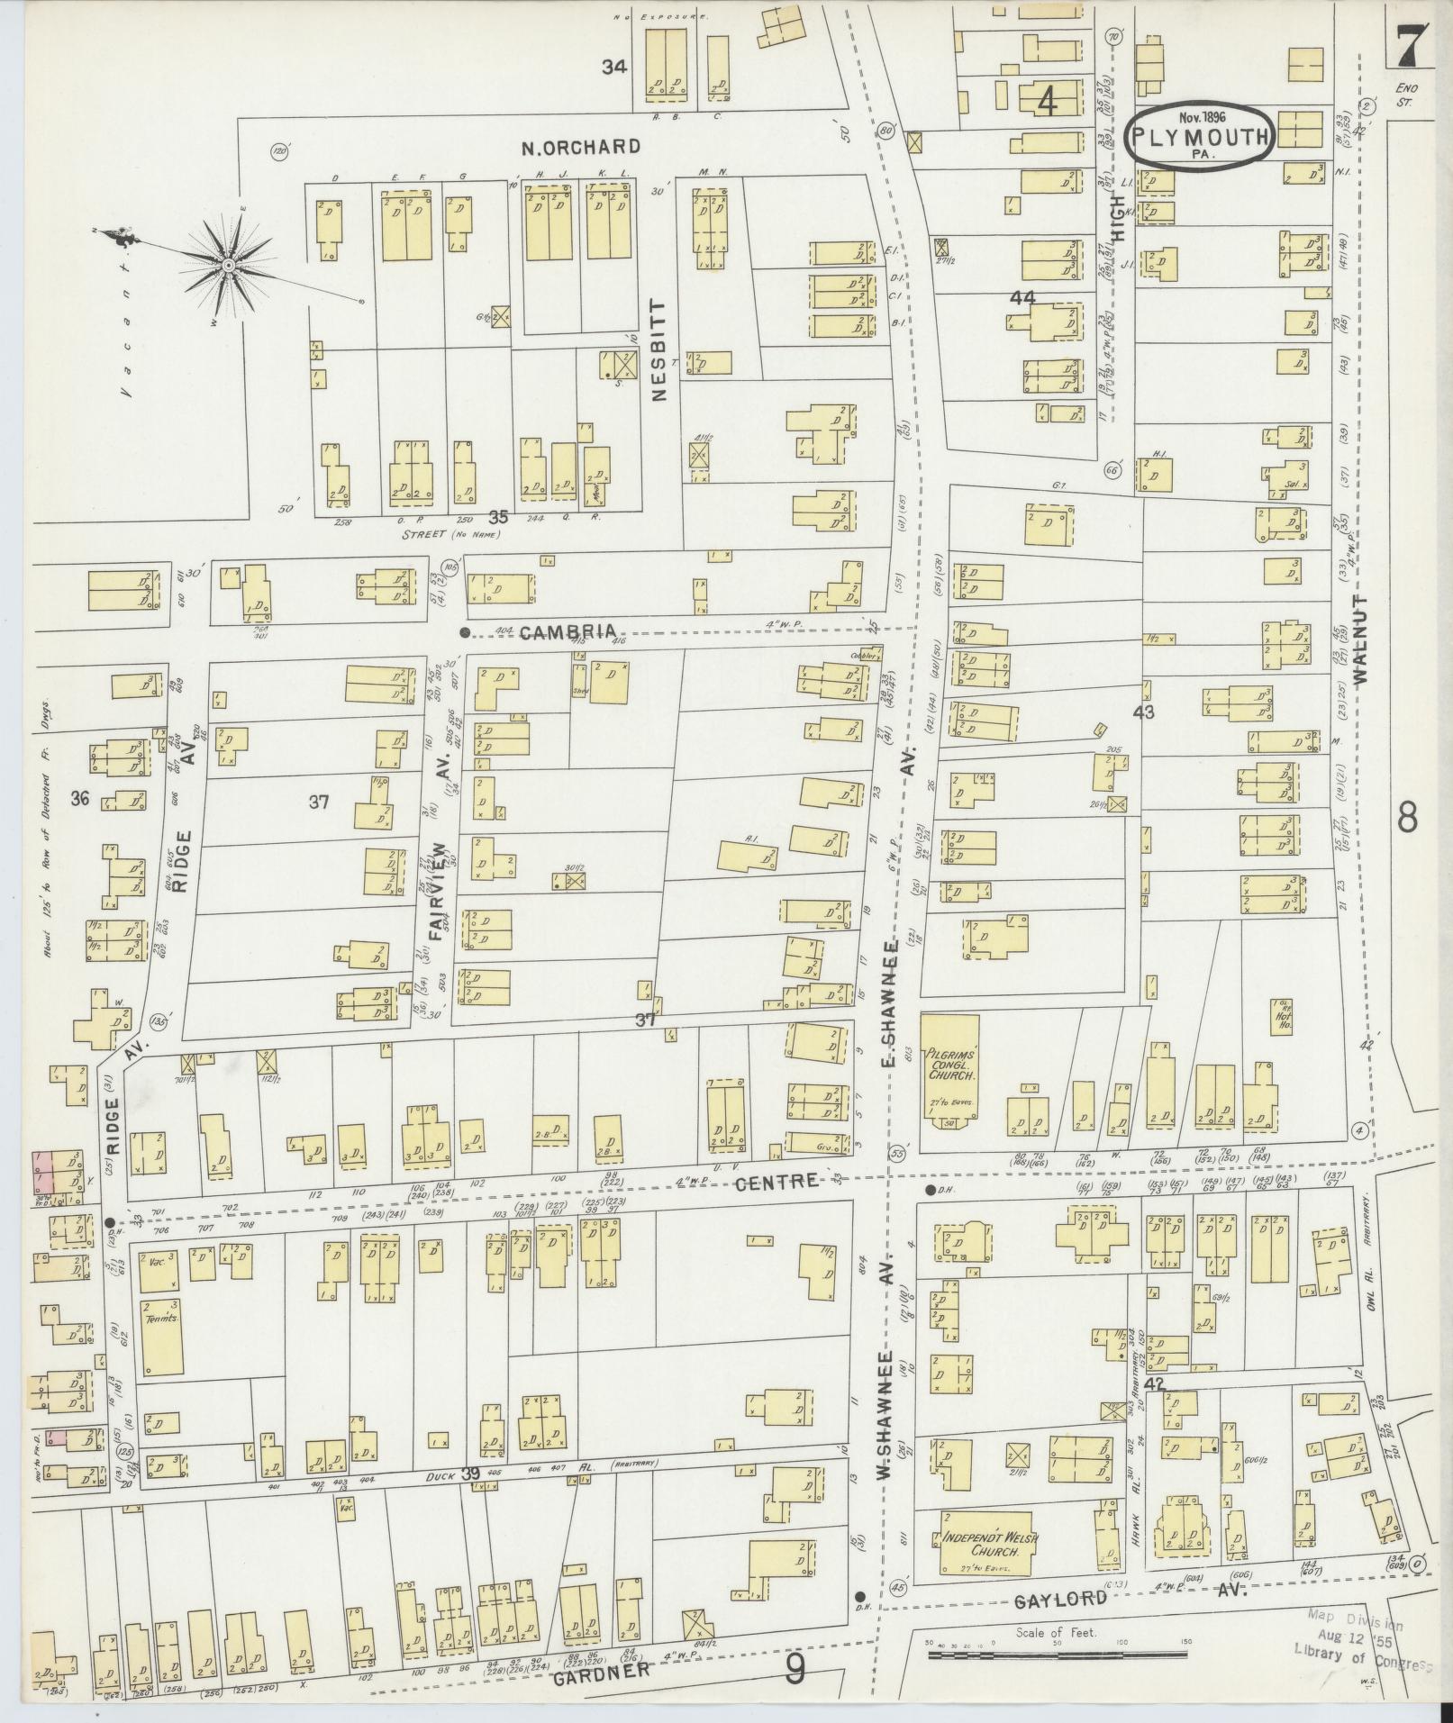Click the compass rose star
[x=229, y=265]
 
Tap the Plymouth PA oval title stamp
[x=1200, y=138]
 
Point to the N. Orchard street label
[x=581, y=147]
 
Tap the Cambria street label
[x=568, y=632]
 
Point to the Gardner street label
[x=601, y=1671]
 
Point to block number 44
[x=1023, y=298]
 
